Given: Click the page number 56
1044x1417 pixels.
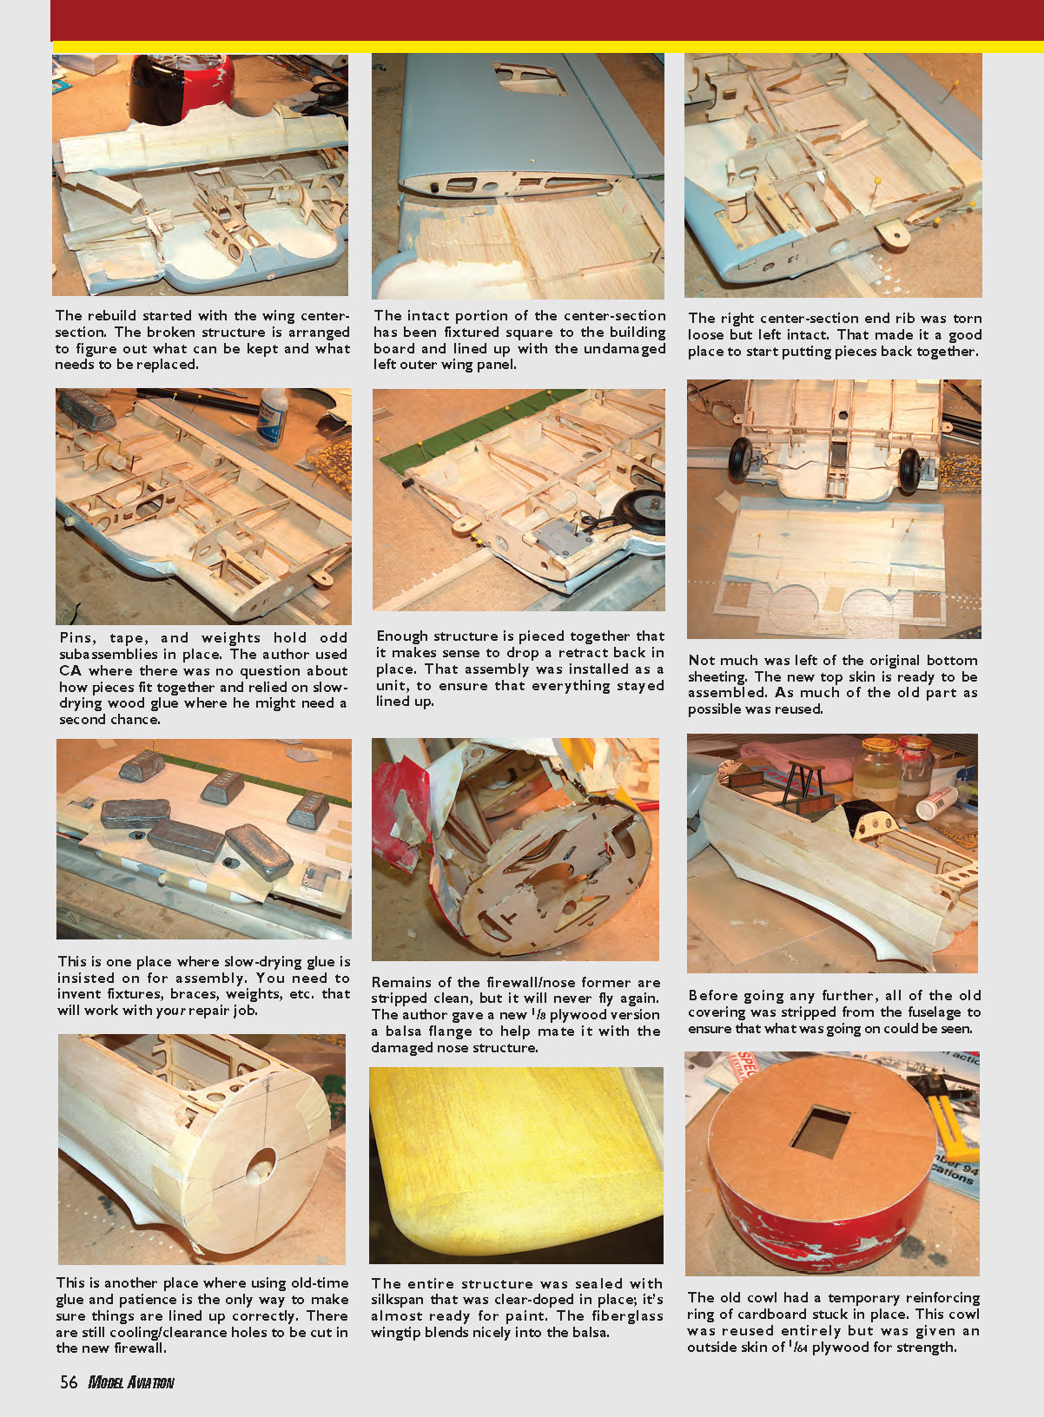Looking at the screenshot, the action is (69, 1382).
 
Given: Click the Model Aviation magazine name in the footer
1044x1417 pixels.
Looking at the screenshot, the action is (131, 1383).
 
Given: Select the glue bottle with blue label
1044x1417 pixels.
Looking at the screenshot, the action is (274, 419).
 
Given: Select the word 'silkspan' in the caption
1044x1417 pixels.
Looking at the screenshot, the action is (398, 1299).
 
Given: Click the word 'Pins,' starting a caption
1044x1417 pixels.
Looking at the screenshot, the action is (78, 638).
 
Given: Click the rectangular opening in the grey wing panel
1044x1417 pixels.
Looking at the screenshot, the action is (530, 78).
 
